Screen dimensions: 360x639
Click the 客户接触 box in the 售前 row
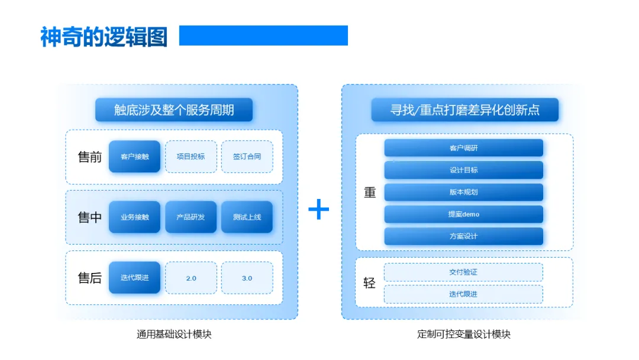tap(134, 156)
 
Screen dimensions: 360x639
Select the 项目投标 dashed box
tap(191, 156)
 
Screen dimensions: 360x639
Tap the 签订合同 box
tap(247, 156)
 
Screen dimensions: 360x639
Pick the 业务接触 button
tap(134, 217)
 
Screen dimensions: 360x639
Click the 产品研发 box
tap(191, 217)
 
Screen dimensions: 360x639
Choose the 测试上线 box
tap(247, 217)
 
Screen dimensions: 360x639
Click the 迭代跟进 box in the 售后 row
tap(134, 277)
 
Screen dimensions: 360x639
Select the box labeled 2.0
tap(191, 278)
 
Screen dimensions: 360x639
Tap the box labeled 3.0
tap(247, 278)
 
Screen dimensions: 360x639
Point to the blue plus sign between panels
tap(319, 210)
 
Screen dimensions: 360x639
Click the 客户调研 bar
tap(463, 148)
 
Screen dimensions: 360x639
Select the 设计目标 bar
tap(463, 170)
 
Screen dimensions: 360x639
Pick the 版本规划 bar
tap(463, 192)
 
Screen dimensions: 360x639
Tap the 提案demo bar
tap(463, 214)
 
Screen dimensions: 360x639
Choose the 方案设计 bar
tap(463, 236)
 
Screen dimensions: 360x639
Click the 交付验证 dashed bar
tap(463, 272)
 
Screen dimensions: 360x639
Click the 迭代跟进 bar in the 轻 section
tap(463, 294)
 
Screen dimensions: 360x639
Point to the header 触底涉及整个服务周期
tap(174, 110)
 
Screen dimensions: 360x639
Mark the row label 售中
tap(90, 217)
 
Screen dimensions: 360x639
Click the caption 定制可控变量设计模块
tap(463, 334)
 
